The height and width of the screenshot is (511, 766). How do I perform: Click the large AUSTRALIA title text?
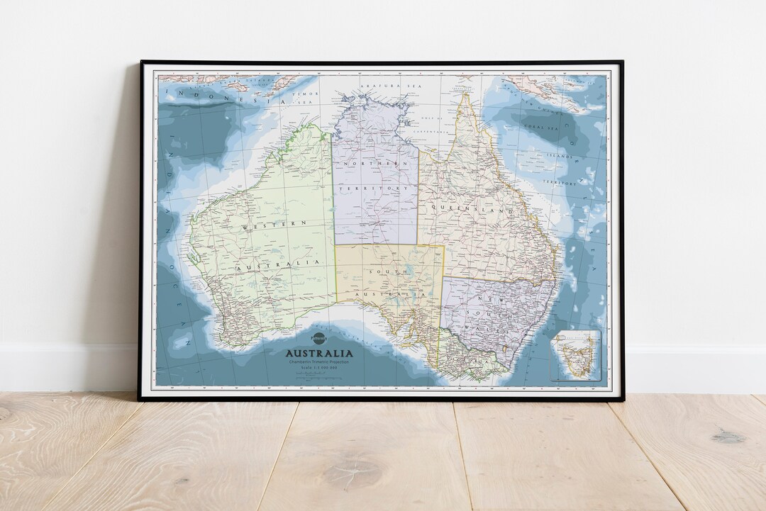318,353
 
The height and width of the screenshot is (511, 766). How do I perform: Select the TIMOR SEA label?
303,96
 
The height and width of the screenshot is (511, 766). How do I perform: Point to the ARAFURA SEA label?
381,86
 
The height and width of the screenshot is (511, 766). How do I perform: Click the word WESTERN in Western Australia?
274,225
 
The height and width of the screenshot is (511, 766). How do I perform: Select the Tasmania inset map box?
576,355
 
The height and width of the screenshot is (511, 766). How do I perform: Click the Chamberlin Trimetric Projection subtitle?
318,362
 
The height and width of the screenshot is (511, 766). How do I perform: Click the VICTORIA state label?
472,361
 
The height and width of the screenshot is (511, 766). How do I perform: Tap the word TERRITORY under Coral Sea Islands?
560,182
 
